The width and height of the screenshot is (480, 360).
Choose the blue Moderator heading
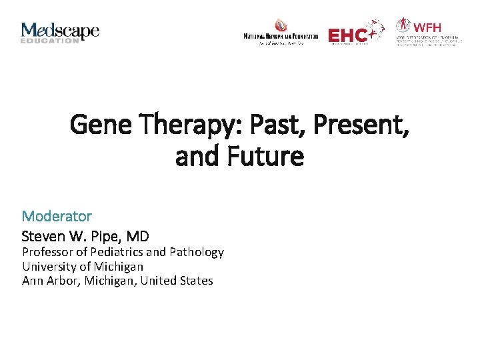point(57,216)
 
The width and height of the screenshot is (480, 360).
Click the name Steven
point(42,236)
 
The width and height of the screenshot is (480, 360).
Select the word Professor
point(47,252)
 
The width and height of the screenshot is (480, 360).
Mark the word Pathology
point(197,252)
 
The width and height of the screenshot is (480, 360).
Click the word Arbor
point(61,281)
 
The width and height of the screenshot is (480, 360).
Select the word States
point(196,281)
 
